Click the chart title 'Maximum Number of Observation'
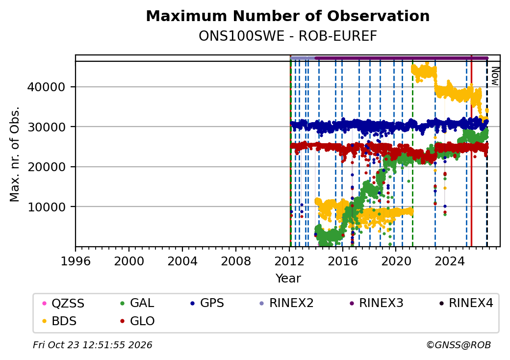click(x=288, y=16)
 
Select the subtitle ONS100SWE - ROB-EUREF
click(x=288, y=36)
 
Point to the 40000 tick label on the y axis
click(x=47, y=87)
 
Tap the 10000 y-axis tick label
click(x=47, y=207)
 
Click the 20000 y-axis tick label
click(x=47, y=167)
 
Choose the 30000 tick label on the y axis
click(x=47, y=127)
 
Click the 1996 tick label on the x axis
click(x=76, y=261)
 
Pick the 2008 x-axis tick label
click(x=235, y=261)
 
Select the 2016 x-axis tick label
click(x=342, y=261)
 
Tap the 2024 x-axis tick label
click(x=449, y=261)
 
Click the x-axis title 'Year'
click(x=288, y=279)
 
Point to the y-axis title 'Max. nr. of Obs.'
click(x=15, y=154)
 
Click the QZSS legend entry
click(x=63, y=304)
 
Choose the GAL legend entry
click(x=137, y=303)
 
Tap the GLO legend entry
click(x=137, y=321)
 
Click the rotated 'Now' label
click(x=495, y=77)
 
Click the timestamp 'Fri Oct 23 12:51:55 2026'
click(x=93, y=345)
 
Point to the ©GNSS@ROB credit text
click(x=459, y=345)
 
